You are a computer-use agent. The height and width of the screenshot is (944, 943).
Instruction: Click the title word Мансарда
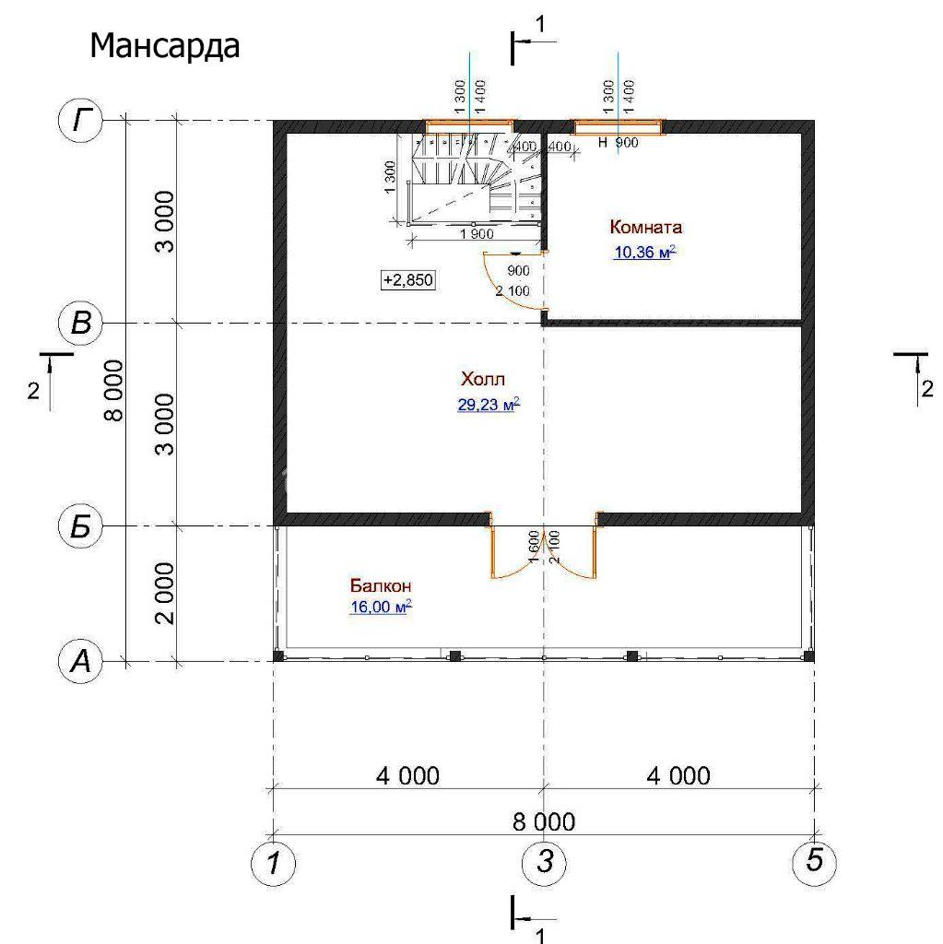pyautogui.click(x=164, y=46)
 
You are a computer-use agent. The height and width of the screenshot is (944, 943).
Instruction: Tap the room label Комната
pyautogui.click(x=645, y=227)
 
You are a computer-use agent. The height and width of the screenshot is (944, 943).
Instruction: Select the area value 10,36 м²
pyautogui.click(x=644, y=252)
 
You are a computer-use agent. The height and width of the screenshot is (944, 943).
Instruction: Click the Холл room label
pyautogui.click(x=483, y=379)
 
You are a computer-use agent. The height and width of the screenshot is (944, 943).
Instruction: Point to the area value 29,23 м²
pyautogui.click(x=489, y=405)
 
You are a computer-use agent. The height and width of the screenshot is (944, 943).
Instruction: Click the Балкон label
pyautogui.click(x=381, y=585)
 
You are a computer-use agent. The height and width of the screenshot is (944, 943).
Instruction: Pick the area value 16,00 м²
pyautogui.click(x=381, y=607)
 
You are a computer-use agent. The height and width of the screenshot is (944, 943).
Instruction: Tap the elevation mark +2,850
pyautogui.click(x=408, y=280)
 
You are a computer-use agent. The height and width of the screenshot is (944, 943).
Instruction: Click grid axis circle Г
pyautogui.click(x=81, y=121)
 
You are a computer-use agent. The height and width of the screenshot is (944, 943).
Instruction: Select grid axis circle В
pyautogui.click(x=81, y=324)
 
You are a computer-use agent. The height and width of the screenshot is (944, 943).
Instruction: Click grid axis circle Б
pyautogui.click(x=81, y=526)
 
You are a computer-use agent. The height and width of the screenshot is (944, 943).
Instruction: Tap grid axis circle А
pyautogui.click(x=81, y=662)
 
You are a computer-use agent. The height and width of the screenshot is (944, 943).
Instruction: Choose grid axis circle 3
pyautogui.click(x=544, y=863)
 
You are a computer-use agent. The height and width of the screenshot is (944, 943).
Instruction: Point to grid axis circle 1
pyautogui.click(x=274, y=863)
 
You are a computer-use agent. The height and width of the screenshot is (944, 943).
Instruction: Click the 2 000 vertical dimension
pyautogui.click(x=165, y=594)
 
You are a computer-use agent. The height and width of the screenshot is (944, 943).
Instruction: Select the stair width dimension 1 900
pyautogui.click(x=477, y=234)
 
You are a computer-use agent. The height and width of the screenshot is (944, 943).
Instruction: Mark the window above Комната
pyautogui.click(x=618, y=127)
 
